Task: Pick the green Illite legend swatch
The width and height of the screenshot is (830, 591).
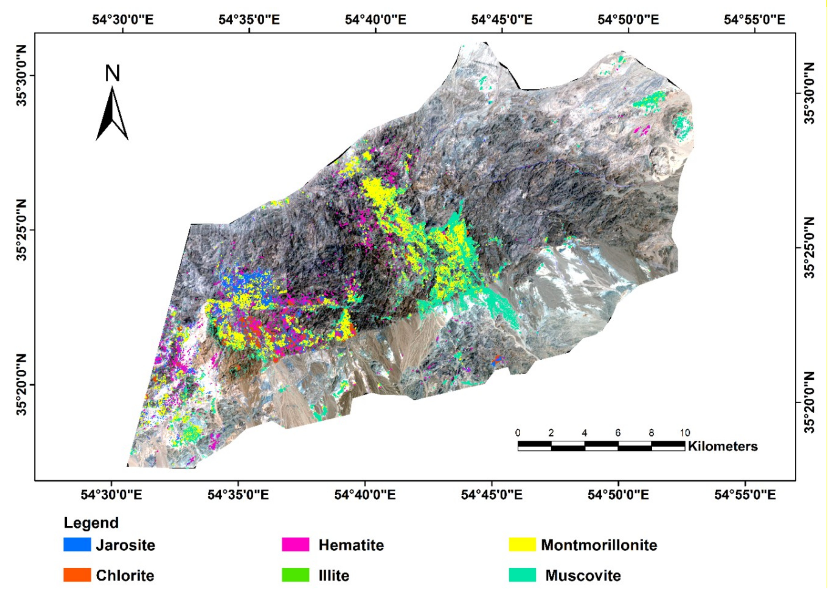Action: (295, 575)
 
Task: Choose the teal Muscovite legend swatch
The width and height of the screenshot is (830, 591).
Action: (522, 575)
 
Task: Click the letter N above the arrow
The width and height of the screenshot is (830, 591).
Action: (112, 73)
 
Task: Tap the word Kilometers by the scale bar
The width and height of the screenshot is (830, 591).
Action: (723, 446)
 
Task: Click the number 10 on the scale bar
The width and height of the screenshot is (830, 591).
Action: (685, 433)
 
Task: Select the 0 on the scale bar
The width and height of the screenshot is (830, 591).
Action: (518, 433)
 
